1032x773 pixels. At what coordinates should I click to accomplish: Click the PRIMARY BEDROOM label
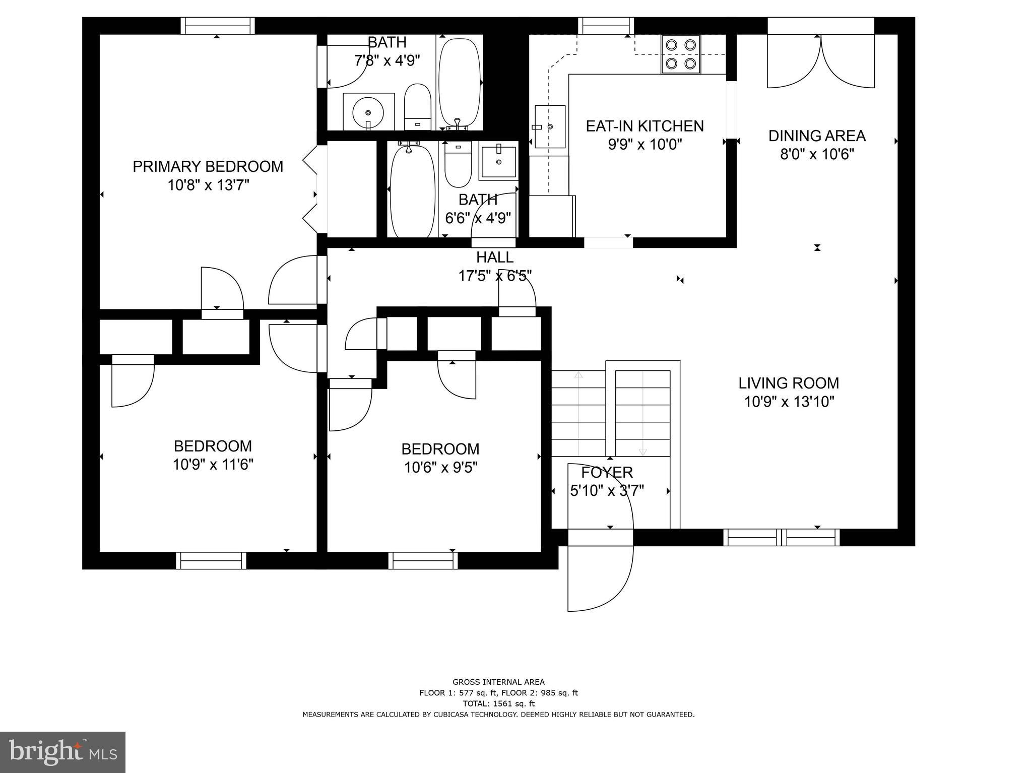click(208, 166)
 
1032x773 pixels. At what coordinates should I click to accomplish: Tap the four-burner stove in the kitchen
click(681, 54)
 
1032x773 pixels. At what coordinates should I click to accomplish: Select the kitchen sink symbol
click(550, 126)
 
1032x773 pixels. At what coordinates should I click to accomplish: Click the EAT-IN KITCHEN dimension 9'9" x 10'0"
click(644, 145)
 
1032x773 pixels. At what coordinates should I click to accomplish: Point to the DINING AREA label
click(817, 136)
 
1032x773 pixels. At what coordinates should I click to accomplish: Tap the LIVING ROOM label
click(789, 383)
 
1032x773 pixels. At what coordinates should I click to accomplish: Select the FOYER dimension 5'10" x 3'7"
click(607, 491)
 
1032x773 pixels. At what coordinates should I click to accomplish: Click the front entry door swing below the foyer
click(600, 577)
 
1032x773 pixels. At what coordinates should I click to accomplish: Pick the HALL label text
click(495, 257)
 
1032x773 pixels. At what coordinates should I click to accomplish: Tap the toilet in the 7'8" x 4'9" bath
click(418, 107)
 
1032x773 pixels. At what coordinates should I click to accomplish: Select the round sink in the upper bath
click(368, 111)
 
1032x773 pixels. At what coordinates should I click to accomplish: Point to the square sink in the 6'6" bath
click(498, 161)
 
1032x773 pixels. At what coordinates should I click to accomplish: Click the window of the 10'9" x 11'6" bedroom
click(211, 560)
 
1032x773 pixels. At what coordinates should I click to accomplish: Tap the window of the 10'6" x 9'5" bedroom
click(423, 560)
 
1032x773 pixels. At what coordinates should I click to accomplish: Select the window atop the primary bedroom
click(217, 25)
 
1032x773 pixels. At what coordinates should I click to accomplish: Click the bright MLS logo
click(62, 752)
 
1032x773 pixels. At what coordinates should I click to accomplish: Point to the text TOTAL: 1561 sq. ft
click(498, 703)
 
